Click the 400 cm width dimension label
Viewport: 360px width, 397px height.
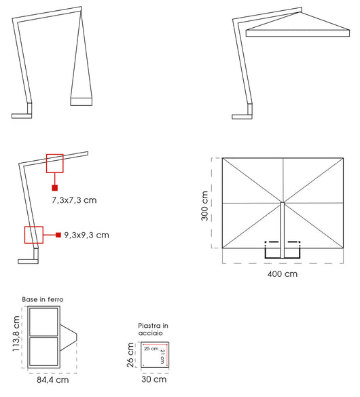tap(283, 274)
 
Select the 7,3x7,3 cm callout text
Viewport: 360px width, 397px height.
tap(73, 201)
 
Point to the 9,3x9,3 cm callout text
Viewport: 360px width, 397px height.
tap(86, 235)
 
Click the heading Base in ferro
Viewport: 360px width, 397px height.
tap(43, 299)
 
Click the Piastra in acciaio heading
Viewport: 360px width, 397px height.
tap(153, 329)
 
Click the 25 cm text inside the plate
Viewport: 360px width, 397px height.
tap(151, 349)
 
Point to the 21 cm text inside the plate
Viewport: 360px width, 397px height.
tap(162, 356)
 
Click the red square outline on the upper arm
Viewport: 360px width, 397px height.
tap(54, 163)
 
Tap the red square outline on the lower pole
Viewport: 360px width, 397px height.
tap(33, 235)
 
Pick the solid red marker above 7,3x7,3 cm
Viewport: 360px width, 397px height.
tap(54, 187)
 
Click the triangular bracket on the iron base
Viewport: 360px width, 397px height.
tap(69, 337)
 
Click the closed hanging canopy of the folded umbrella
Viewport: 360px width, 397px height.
tap(82, 81)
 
